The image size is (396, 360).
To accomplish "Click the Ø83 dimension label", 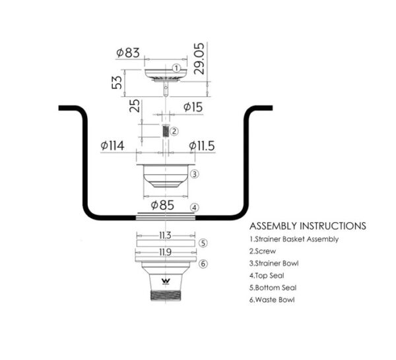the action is click(128, 53).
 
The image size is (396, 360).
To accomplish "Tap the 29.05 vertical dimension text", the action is click(199, 59).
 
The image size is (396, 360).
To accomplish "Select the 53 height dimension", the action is click(117, 82).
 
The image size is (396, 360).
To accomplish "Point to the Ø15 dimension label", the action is click(193, 107).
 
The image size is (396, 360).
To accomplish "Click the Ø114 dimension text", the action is click(112, 146).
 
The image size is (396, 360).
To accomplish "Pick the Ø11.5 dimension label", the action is click(202, 146).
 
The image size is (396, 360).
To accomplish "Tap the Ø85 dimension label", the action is click(162, 205).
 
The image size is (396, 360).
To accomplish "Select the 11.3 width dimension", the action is click(165, 235).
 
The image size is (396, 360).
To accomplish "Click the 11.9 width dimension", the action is click(165, 252).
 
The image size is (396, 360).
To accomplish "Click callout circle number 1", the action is click(176, 68).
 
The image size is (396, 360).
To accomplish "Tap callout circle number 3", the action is click(194, 174).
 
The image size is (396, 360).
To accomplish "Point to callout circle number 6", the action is click(203, 264).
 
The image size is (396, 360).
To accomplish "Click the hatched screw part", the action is click(166, 131).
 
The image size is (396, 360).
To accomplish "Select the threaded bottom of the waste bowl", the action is click(166, 295).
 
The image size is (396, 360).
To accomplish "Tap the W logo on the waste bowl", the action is click(166, 281).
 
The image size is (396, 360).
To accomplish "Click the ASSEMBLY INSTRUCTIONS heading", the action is click(308, 225).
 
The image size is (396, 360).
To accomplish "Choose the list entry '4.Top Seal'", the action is click(267, 276).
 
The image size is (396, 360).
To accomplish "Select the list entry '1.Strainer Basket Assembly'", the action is click(294, 239).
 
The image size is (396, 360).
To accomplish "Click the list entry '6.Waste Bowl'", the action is click(272, 300).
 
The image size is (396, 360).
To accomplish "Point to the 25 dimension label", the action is click(135, 105).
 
